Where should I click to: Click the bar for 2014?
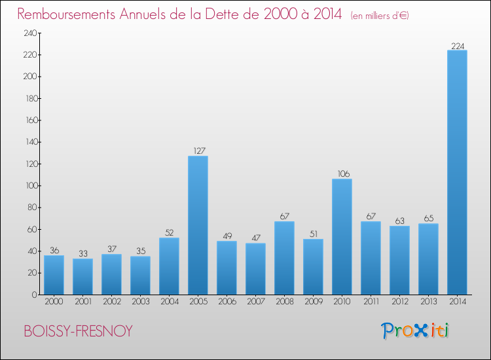[x=457, y=172]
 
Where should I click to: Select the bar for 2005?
[x=198, y=225]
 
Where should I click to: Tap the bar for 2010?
[x=342, y=237]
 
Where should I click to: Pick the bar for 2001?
[x=82, y=276]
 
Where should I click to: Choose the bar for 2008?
[x=284, y=258]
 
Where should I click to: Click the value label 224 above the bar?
[x=457, y=46]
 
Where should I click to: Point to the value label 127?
[x=198, y=151]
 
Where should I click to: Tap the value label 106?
[x=342, y=174]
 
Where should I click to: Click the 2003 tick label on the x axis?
[x=140, y=302]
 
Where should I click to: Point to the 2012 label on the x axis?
[x=399, y=302]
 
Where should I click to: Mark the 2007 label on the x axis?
[x=255, y=302]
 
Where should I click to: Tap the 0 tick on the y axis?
[x=33, y=295]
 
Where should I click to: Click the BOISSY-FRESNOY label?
[x=78, y=331]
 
